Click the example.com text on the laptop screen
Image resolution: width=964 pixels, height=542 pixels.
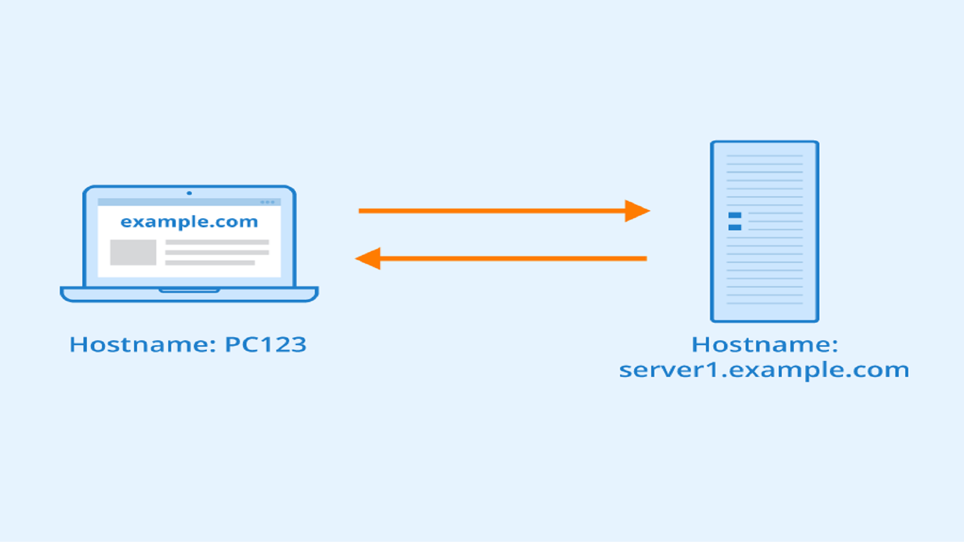tap(189, 222)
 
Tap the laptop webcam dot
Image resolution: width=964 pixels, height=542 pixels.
tap(189, 193)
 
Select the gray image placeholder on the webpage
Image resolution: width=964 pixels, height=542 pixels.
tap(133, 252)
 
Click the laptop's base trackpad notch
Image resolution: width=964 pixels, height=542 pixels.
tap(189, 290)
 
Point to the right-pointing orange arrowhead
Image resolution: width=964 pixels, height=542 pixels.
tap(637, 211)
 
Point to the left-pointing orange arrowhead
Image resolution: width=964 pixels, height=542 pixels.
tap(369, 258)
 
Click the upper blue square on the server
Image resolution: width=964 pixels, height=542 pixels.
tap(735, 215)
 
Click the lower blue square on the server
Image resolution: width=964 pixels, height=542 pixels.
tap(735, 228)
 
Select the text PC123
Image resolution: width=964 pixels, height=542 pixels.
tap(265, 345)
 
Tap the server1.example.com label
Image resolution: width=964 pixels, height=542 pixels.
tap(764, 370)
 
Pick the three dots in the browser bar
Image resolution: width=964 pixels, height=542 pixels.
tap(267, 202)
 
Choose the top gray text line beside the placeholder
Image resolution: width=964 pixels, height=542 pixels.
tap(217, 242)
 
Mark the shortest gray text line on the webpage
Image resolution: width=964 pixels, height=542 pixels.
tap(210, 262)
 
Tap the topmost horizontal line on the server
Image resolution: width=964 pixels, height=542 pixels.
tap(764, 156)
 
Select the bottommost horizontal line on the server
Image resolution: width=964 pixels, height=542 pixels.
tap(764, 303)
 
